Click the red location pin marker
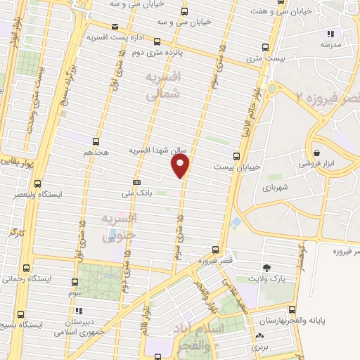pos(181,166)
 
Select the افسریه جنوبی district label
pos(117,228)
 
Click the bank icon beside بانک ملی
pos(136,182)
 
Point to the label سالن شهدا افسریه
pos(155,150)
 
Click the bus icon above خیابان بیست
pos(236,156)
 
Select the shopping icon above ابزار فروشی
pos(317,152)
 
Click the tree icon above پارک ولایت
pos(266,267)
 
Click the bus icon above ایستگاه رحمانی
pos(26,268)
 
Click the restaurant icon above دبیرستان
pos(79,310)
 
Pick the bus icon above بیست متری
pos(264,48)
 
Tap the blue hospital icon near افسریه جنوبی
pos(110,233)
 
